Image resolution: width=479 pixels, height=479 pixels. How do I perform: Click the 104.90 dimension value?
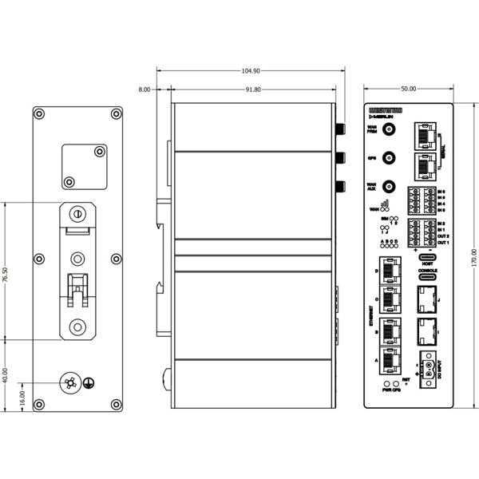(251, 71)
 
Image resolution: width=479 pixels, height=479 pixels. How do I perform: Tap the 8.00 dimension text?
(144, 90)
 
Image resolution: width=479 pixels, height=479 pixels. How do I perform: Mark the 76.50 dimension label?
(6, 271)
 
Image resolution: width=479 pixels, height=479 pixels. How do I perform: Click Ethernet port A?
(390, 361)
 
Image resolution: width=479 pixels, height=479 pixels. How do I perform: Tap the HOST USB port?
(427, 255)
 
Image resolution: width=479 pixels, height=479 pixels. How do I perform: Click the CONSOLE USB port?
(427, 279)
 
